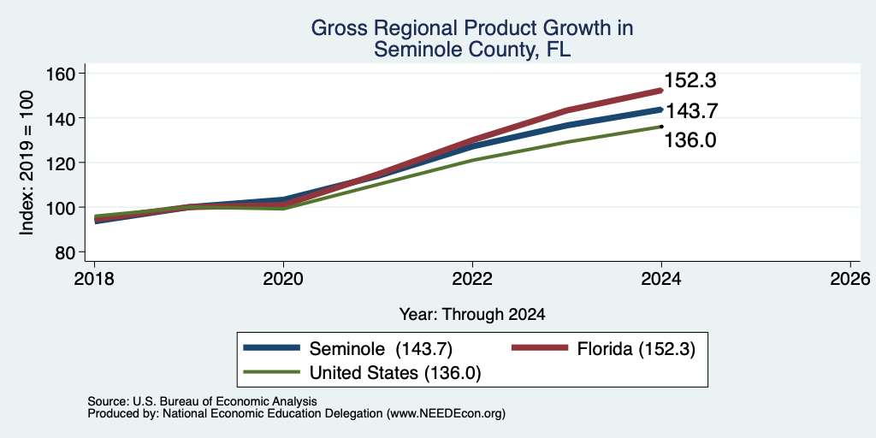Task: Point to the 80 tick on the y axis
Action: tap(65, 252)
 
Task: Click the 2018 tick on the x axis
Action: tap(94, 278)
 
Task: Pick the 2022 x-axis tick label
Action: tap(472, 278)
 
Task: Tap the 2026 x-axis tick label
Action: tap(850, 278)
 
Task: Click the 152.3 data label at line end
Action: tap(690, 81)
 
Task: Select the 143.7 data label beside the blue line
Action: tap(691, 111)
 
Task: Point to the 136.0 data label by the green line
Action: tap(690, 140)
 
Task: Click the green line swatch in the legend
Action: tap(271, 373)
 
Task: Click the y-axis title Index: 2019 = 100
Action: tap(27, 163)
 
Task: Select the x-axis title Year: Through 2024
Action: tap(472, 315)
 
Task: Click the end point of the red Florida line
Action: tap(661, 90)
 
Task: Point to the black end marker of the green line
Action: tap(661, 127)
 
